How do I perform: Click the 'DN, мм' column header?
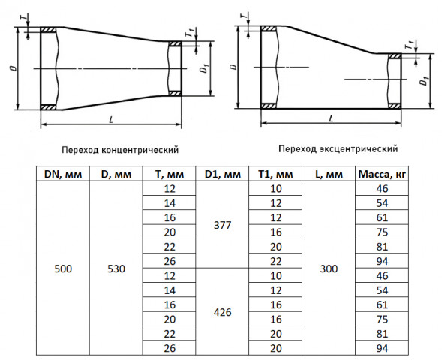pos(63,174)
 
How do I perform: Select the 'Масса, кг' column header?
pos(382,174)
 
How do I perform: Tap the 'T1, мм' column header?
pos(275,174)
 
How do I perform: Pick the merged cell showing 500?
pos(63,268)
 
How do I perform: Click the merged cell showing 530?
pos(116,268)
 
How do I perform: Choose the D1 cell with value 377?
pos(222,225)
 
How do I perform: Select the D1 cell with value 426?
pos(222,312)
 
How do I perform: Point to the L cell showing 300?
pos(329,268)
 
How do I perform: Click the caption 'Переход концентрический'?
pos(120,149)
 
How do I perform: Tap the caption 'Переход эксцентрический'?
pos(338,148)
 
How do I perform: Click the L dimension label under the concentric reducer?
pos(111,120)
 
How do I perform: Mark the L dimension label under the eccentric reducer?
pos(331,118)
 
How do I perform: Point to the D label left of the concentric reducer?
pos(13,68)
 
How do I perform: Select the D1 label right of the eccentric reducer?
pos(425,81)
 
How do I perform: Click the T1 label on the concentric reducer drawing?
pos(189,33)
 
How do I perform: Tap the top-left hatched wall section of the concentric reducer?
pos(48,29)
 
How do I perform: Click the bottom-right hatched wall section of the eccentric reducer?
pos(395,106)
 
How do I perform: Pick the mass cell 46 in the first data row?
pos(382,188)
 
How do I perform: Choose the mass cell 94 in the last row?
pos(382,348)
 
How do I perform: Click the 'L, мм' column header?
pos(329,174)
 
